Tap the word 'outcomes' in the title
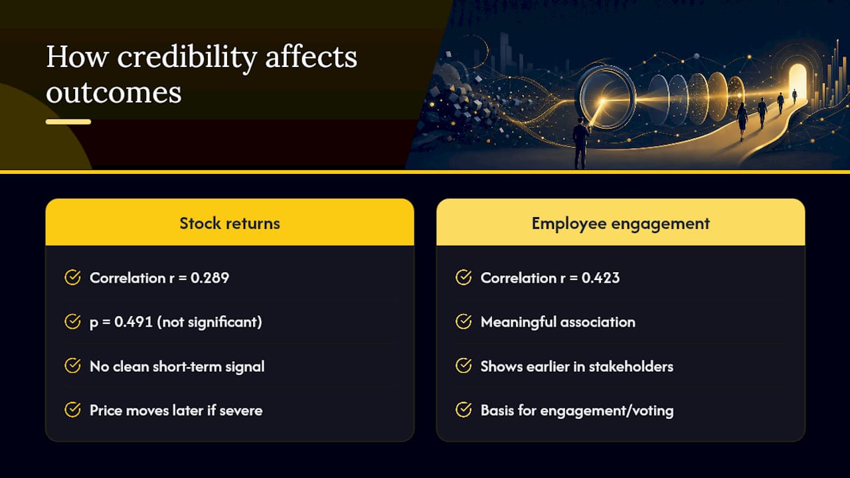pyautogui.click(x=114, y=92)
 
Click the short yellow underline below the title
pyautogui.click(x=68, y=121)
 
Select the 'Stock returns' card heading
pyautogui.click(x=230, y=224)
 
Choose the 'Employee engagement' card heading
pyautogui.click(x=620, y=224)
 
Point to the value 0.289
pyautogui.click(x=210, y=278)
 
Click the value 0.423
pyautogui.click(x=600, y=278)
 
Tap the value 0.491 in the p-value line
pyautogui.click(x=133, y=322)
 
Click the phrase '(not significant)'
pyautogui.click(x=209, y=323)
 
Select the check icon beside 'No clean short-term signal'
pyautogui.click(x=72, y=366)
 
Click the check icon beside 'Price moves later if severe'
pyautogui.click(x=72, y=410)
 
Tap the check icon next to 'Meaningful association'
pyautogui.click(x=464, y=321)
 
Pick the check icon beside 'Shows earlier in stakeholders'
pyautogui.click(x=464, y=366)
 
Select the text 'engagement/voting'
pyautogui.click(x=607, y=411)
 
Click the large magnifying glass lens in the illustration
pyautogui.click(x=607, y=97)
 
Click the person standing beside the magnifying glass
pyautogui.click(x=580, y=143)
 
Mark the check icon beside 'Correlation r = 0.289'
pyautogui.click(x=72, y=278)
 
